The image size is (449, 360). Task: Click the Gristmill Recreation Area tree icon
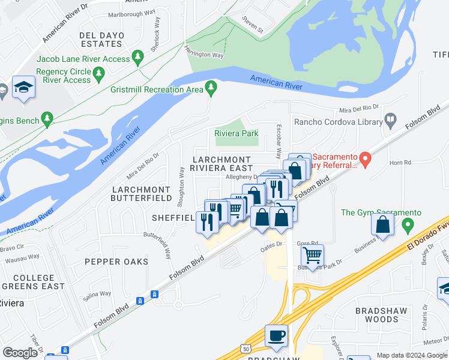click(210, 89)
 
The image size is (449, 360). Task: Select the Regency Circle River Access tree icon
click(98, 74)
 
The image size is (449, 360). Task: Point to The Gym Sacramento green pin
click(408, 226)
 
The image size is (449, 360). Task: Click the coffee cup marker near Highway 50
click(276, 336)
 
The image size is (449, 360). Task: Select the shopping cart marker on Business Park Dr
click(312, 256)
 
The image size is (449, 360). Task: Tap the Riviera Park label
click(236, 133)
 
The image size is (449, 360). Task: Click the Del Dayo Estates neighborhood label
click(102, 40)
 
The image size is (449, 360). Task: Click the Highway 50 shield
click(246, 348)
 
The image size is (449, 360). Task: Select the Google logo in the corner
click(20, 353)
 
